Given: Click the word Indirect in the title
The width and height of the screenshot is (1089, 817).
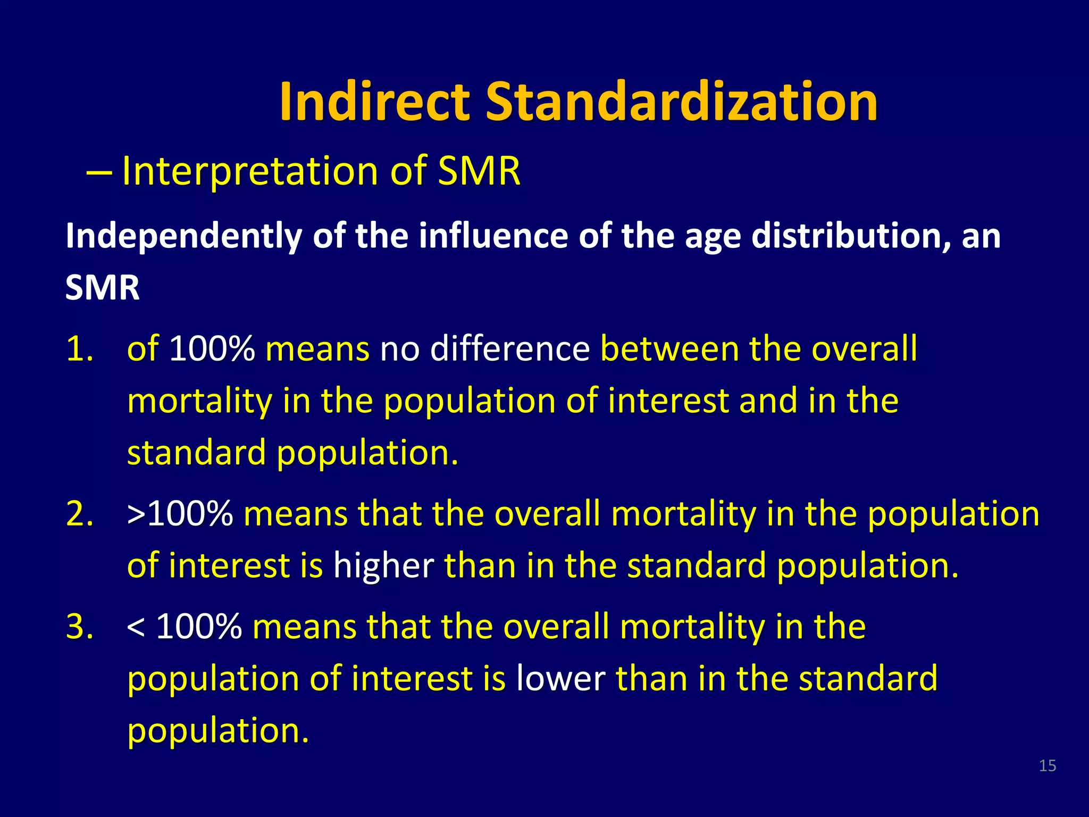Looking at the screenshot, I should point(374,102).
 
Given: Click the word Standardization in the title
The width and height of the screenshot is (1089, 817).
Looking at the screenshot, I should point(682,102).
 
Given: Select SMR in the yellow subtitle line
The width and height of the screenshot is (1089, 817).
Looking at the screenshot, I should point(479,171).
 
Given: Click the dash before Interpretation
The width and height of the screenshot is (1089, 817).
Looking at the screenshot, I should point(99,172).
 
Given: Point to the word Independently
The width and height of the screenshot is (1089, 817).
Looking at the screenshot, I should point(183,236).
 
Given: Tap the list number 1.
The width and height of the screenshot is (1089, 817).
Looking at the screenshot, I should point(80,349).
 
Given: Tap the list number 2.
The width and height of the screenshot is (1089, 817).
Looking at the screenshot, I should point(80,514).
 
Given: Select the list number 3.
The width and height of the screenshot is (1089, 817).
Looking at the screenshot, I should point(80,627).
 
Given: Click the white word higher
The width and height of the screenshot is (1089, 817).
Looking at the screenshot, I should point(383,566).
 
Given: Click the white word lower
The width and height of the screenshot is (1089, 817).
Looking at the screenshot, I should point(560,679).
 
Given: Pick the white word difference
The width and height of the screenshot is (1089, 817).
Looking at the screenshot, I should point(510,349).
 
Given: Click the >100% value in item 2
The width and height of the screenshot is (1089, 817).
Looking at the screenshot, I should point(180,514).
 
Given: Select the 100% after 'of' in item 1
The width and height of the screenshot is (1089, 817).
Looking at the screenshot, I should point(212,349).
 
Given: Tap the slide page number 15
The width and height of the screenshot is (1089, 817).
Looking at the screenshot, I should point(1047,766).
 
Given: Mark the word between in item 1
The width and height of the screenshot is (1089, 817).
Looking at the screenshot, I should point(669,349).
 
